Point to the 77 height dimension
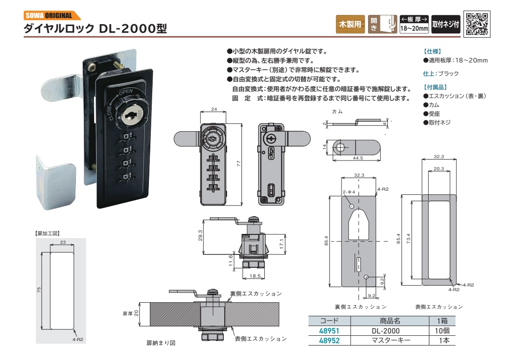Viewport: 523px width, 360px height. click(238, 164)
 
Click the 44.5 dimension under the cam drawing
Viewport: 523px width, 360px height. click(357, 158)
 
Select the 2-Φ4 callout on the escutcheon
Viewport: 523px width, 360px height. click(349, 192)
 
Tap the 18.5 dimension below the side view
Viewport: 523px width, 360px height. click(255, 276)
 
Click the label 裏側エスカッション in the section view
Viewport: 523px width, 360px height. click(256, 293)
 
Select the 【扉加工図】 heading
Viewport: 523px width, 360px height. click(47, 233)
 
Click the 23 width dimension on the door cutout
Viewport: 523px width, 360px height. click(62, 242)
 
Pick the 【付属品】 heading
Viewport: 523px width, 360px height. click(435, 87)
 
